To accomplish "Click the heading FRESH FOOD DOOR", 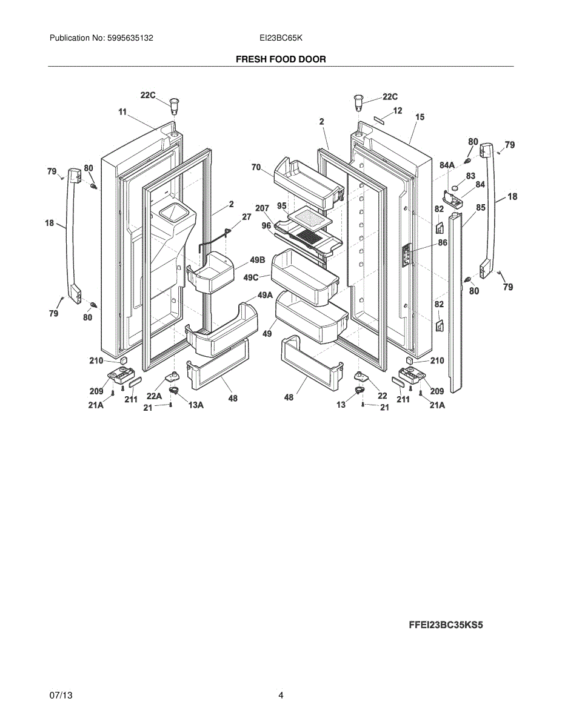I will tap(281, 59).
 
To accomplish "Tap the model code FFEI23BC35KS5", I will tap(446, 625).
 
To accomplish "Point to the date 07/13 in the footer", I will tap(61, 695).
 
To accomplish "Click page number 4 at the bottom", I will tap(281, 695).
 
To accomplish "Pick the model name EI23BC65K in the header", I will tap(281, 38).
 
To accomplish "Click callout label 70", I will tap(256, 167).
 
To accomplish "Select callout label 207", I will tap(262, 208).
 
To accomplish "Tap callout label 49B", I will tap(258, 260).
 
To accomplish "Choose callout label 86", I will tap(443, 242).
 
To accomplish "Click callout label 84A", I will tap(447, 165).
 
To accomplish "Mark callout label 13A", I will tap(195, 405).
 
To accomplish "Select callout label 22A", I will tap(154, 396).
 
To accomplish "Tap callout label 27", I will tap(246, 216).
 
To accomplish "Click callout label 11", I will tap(122, 111).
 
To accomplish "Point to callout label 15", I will tap(420, 116).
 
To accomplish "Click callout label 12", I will tap(398, 110).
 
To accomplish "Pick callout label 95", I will tap(282, 205).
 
